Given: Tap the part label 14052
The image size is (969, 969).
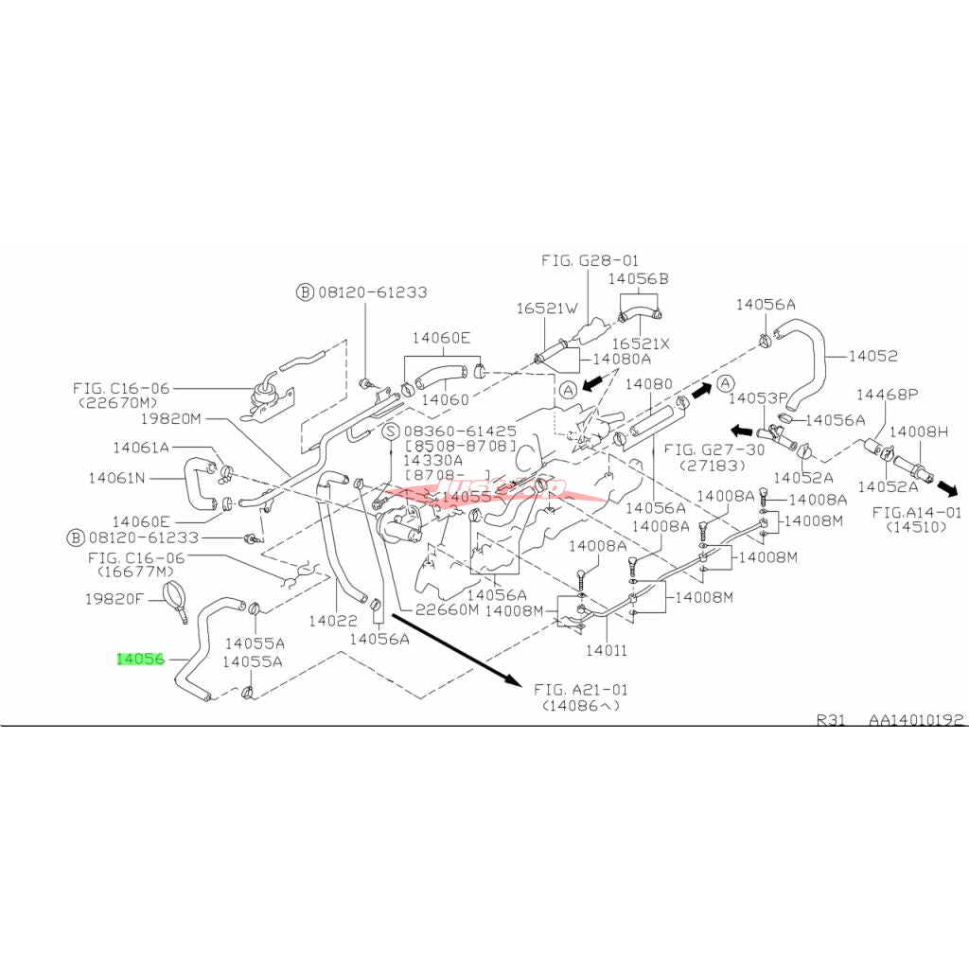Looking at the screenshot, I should pyautogui.click(x=872, y=356).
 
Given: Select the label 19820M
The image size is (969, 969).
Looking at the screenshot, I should pyautogui.click(x=171, y=418).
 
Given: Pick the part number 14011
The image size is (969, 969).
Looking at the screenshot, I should pyautogui.click(x=607, y=651).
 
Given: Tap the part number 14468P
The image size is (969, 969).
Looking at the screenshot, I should pyautogui.click(x=887, y=393).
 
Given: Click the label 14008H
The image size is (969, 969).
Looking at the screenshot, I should pyautogui.click(x=923, y=432).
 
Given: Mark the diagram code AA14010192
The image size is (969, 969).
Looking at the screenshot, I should pyautogui.click(x=917, y=719).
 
